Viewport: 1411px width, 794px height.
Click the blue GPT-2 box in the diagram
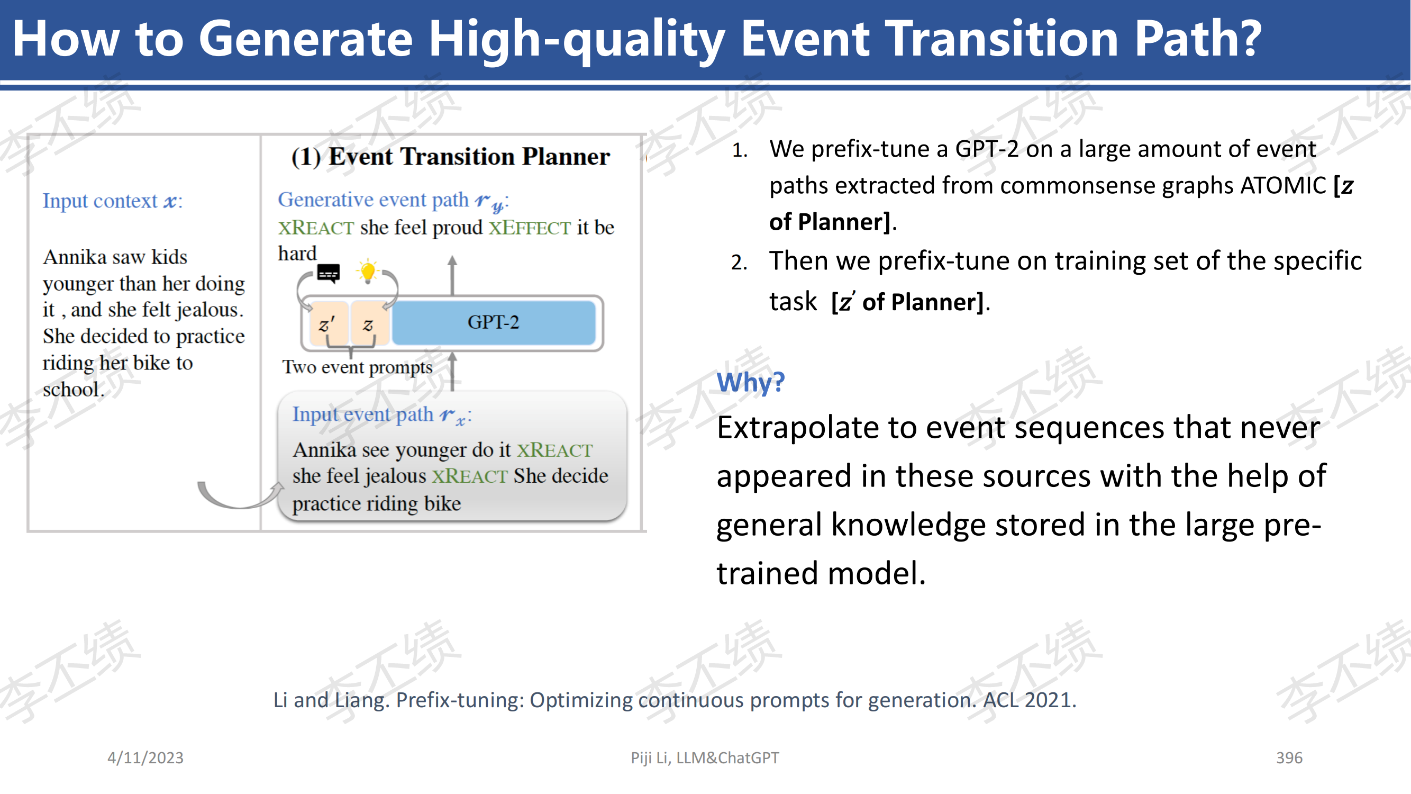coord(494,322)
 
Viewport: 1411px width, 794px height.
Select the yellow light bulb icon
coord(368,271)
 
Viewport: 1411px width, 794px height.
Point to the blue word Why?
coord(750,382)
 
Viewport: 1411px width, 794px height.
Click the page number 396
coord(1289,757)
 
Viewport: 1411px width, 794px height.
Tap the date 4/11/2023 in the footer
coord(145,757)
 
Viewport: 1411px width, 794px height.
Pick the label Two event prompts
coord(357,367)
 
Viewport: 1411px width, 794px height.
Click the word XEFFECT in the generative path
coord(530,228)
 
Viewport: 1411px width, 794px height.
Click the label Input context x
coord(112,201)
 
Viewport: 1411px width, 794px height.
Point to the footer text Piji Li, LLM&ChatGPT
coord(704,757)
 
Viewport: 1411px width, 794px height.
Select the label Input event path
coord(362,414)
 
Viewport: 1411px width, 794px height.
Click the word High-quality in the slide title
coord(577,39)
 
